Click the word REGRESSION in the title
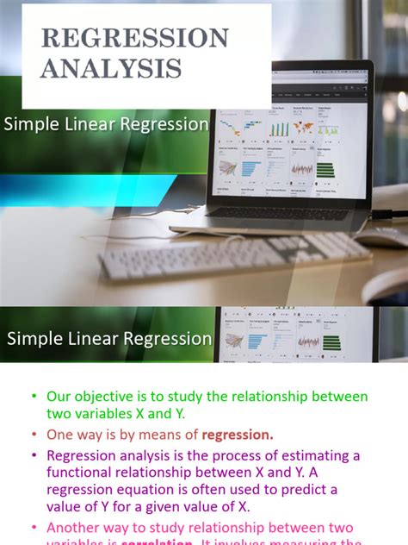(134, 38)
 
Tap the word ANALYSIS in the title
(110, 67)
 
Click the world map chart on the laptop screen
(303, 128)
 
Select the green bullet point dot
(34, 398)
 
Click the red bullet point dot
(34, 435)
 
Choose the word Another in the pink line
(75, 527)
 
